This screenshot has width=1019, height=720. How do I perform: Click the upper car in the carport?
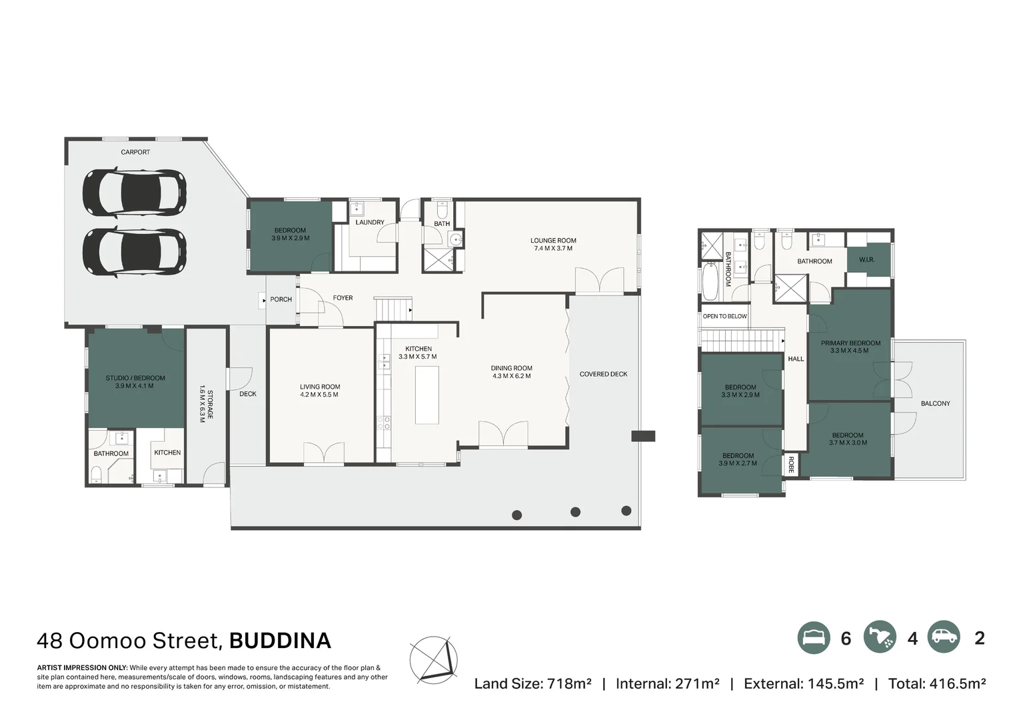(134, 193)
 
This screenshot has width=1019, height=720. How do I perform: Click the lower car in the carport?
(134, 251)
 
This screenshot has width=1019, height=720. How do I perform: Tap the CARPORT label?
(135, 152)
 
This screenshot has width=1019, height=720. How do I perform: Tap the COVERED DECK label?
(603, 374)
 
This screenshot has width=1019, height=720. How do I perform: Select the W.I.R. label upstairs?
(866, 259)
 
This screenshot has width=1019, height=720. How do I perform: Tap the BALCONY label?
(935, 403)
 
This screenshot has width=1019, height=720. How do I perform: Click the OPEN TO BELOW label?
(724, 316)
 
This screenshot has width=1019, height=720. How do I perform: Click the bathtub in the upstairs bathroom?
(711, 281)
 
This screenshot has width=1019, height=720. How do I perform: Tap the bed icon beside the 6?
(814, 638)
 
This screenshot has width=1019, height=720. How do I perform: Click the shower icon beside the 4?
(880, 638)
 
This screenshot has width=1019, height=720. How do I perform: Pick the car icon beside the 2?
(943, 638)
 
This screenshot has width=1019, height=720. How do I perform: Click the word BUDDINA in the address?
(280, 641)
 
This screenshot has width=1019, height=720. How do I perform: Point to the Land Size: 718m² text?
(532, 683)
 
